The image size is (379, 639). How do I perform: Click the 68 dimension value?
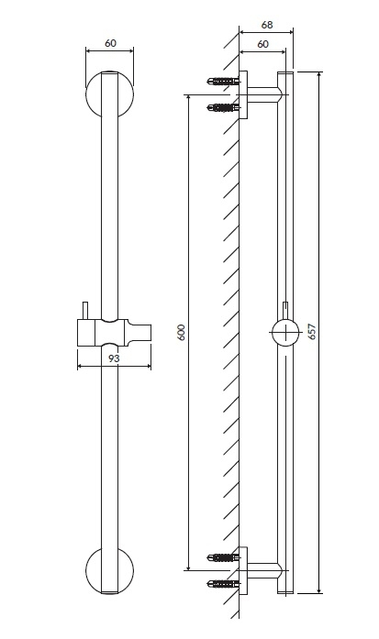[x=266, y=25]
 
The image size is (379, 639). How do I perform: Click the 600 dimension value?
[x=182, y=332]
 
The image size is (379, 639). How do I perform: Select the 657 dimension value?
[x=312, y=332]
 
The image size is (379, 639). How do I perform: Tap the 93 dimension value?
[x=115, y=358]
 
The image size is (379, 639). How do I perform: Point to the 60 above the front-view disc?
[x=110, y=43]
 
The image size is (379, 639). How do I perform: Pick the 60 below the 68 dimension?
[x=263, y=44]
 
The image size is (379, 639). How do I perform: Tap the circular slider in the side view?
[x=286, y=332]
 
